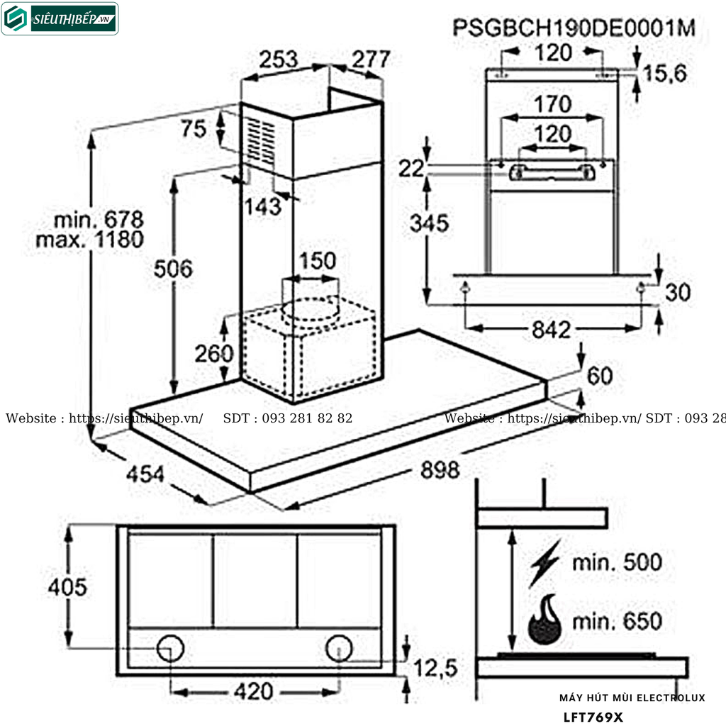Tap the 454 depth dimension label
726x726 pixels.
point(146,474)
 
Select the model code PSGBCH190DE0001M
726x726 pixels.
point(573,28)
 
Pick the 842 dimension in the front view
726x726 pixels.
point(551,330)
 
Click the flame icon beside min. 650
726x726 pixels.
point(544,620)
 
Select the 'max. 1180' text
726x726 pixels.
point(89,239)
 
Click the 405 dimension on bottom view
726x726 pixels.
point(67,587)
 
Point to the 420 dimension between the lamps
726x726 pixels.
point(253,691)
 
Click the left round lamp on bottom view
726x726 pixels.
point(171,648)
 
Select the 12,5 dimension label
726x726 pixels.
point(435,667)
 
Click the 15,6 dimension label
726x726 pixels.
point(666,72)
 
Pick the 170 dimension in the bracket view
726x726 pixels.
point(552,105)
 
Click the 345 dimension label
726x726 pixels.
point(429,223)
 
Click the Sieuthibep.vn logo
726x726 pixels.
point(60,19)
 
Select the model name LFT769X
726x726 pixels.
point(593,717)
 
